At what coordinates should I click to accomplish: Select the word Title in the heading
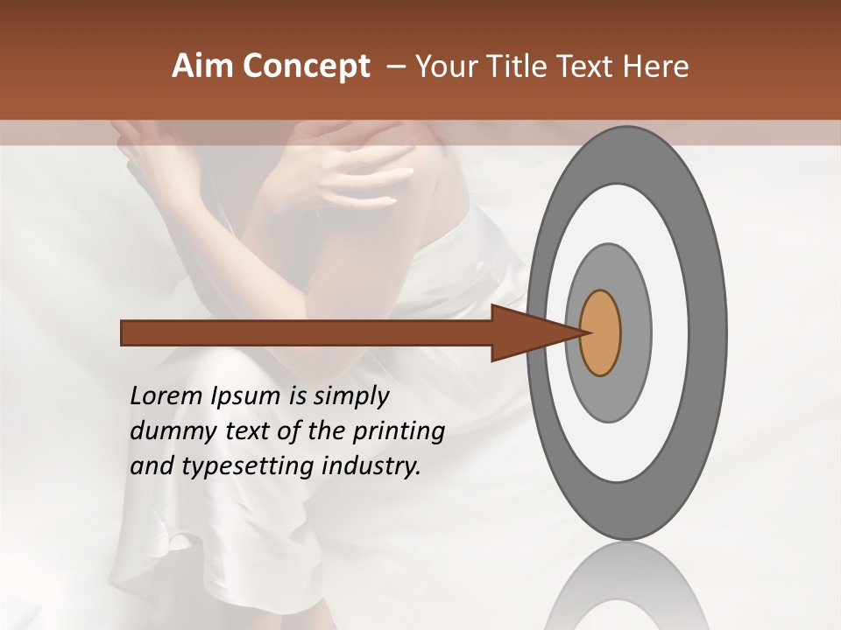520,66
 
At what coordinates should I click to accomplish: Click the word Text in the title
589,66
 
